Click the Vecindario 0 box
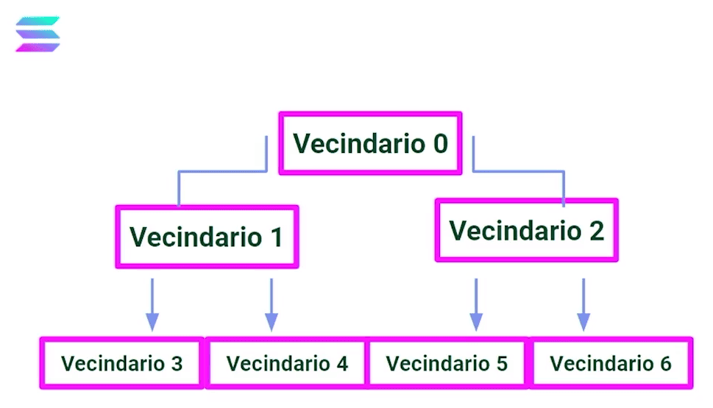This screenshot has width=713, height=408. [x=370, y=143]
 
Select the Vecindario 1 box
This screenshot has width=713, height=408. [x=207, y=237]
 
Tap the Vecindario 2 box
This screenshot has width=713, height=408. [x=526, y=230]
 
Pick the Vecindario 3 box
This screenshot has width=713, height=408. [x=121, y=363]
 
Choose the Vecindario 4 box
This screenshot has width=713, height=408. [x=286, y=363]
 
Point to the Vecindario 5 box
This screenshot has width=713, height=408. [x=447, y=363]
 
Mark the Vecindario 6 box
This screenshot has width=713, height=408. [x=611, y=363]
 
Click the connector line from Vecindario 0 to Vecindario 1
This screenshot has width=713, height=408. [x=221, y=171]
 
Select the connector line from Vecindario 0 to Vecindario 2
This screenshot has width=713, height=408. [x=519, y=171]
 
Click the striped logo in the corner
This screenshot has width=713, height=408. [x=38, y=34]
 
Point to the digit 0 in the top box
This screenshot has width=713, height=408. [x=439, y=143]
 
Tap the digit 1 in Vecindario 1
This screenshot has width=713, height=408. [x=274, y=237]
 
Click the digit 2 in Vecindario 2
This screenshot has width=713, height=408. [x=595, y=230]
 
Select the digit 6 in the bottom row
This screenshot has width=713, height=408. [x=665, y=363]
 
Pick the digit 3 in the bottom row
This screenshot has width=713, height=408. [x=177, y=363]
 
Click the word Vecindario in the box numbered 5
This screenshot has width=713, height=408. [x=435, y=363]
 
